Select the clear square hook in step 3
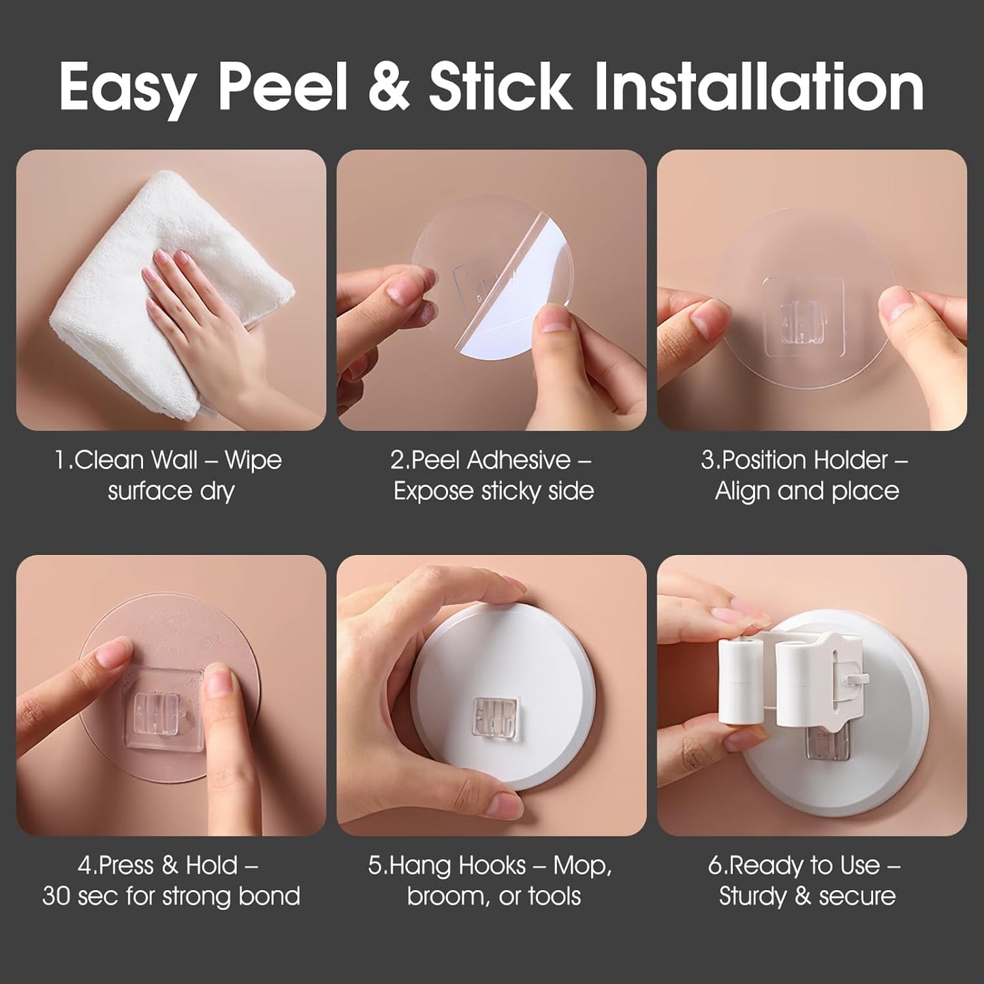pyautogui.click(x=802, y=318)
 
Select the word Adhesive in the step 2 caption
pyautogui.click(x=518, y=460)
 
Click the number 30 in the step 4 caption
pyautogui.click(x=57, y=895)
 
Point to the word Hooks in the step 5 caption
pyautogui.click(x=492, y=865)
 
